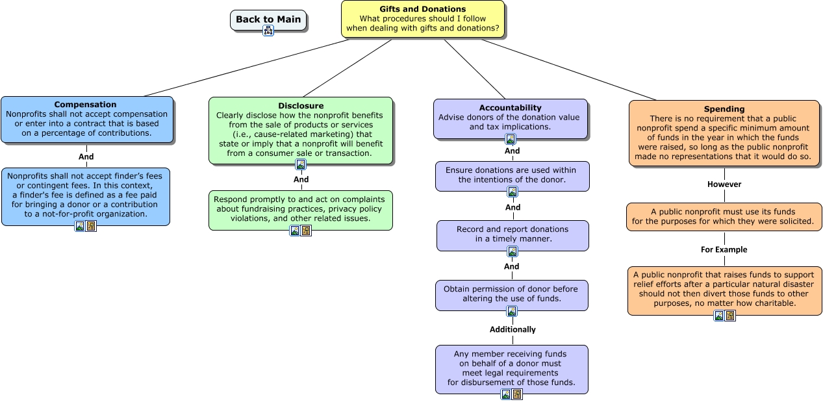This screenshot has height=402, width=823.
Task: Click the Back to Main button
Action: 268,20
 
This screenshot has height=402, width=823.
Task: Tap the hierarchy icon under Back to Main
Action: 268,31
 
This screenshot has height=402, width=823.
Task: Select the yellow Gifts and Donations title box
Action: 423,19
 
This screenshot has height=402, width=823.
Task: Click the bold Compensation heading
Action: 85,105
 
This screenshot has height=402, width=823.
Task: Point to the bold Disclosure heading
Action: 301,106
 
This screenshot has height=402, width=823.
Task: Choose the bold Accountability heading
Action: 511,108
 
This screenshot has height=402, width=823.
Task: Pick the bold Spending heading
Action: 724,108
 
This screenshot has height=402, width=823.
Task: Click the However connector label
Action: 724,184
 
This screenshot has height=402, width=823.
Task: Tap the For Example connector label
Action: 724,249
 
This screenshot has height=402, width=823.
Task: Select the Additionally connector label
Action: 513,329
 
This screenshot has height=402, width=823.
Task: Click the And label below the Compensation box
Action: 86,157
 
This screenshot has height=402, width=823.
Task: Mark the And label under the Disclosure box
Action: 301,179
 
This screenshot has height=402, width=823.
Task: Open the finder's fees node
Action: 86,197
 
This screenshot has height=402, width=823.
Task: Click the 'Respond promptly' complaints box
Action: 301,210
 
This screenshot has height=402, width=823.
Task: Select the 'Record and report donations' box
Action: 513,236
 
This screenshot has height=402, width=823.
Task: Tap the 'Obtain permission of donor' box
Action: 511,295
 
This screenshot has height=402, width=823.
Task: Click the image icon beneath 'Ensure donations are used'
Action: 512,192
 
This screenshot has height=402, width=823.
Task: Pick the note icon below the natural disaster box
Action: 730,316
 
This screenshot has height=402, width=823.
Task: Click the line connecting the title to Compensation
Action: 247,68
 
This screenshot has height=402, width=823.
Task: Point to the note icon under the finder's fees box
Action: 91,226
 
